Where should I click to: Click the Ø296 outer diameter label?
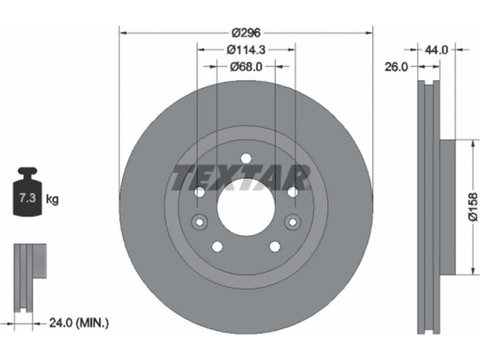click(246, 32)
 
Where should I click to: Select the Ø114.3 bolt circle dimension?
click(246, 50)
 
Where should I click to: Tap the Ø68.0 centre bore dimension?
click(246, 67)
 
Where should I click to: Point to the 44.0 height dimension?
click(436, 50)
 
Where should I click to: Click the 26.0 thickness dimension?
click(396, 67)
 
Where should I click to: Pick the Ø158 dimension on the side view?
click(473, 206)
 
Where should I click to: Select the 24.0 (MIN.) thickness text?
click(79, 323)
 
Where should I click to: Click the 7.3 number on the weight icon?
click(28, 198)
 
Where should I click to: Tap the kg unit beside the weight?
click(52, 200)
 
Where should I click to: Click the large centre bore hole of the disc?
click(246, 206)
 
